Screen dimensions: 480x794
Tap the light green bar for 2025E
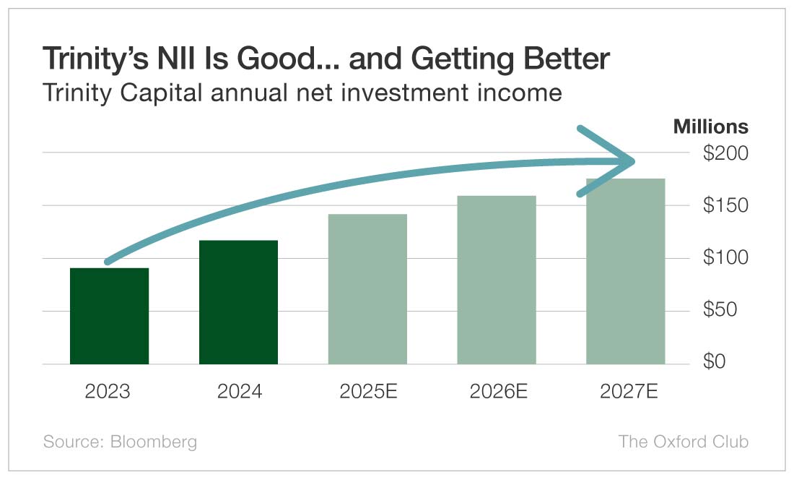point(367,289)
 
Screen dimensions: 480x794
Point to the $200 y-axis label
point(725,153)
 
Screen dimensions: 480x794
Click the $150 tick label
point(725,206)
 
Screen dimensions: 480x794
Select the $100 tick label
point(725,258)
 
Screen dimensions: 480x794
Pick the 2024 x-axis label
point(239,392)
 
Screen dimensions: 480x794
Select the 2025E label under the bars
point(368,392)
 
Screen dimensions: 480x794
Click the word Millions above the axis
point(710,127)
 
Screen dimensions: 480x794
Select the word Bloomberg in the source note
point(153,442)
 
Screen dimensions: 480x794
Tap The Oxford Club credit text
point(683,442)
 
